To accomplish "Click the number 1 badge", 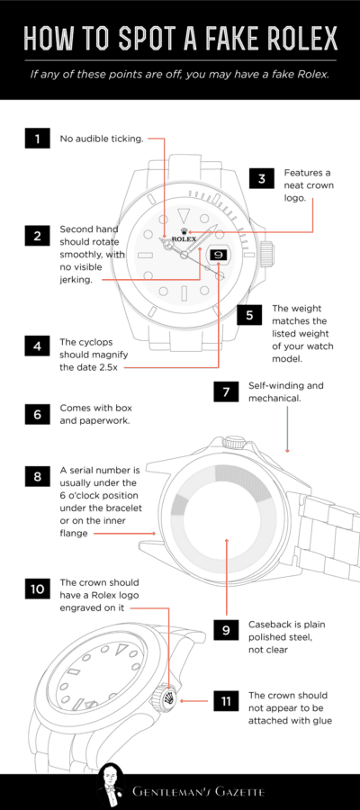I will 37,139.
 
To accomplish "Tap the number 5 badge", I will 249,315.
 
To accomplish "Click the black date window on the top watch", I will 218,255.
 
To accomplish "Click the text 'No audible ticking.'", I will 102,139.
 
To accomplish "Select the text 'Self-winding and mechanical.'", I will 287,391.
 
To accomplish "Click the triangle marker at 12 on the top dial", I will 184,215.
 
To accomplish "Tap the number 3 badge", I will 261,177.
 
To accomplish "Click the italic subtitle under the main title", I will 180,75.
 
